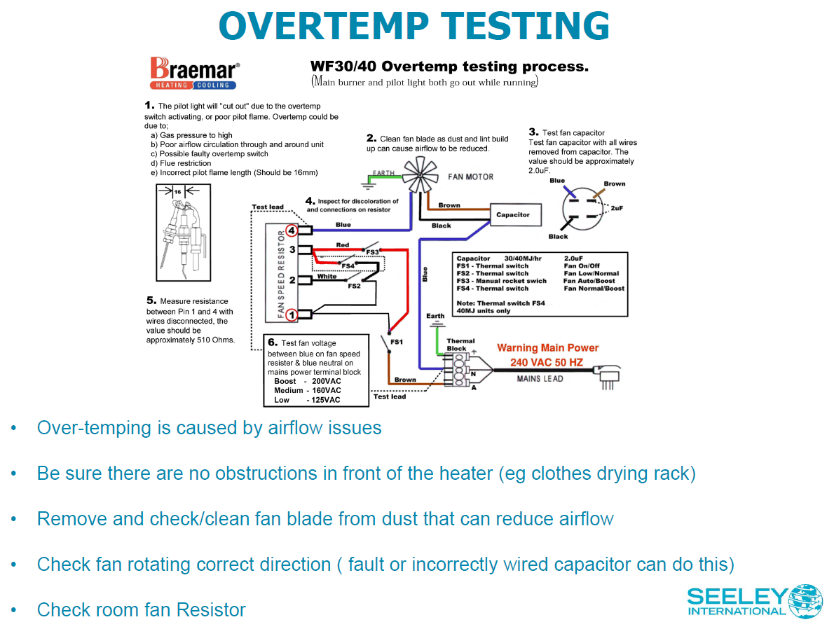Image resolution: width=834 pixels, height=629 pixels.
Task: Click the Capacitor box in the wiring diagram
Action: point(513,215)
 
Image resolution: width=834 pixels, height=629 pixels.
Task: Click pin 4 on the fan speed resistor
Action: point(292,230)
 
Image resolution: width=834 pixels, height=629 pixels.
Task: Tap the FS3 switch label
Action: point(372,252)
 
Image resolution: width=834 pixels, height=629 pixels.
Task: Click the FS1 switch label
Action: point(397,341)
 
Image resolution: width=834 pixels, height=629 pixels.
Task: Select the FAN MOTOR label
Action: point(470,177)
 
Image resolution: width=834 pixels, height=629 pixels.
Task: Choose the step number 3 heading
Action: point(533,132)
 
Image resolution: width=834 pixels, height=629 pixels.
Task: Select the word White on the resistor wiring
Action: point(327,276)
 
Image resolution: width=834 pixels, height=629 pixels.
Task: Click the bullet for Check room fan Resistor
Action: point(13,609)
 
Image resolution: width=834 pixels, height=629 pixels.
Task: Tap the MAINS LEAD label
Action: point(540,378)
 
